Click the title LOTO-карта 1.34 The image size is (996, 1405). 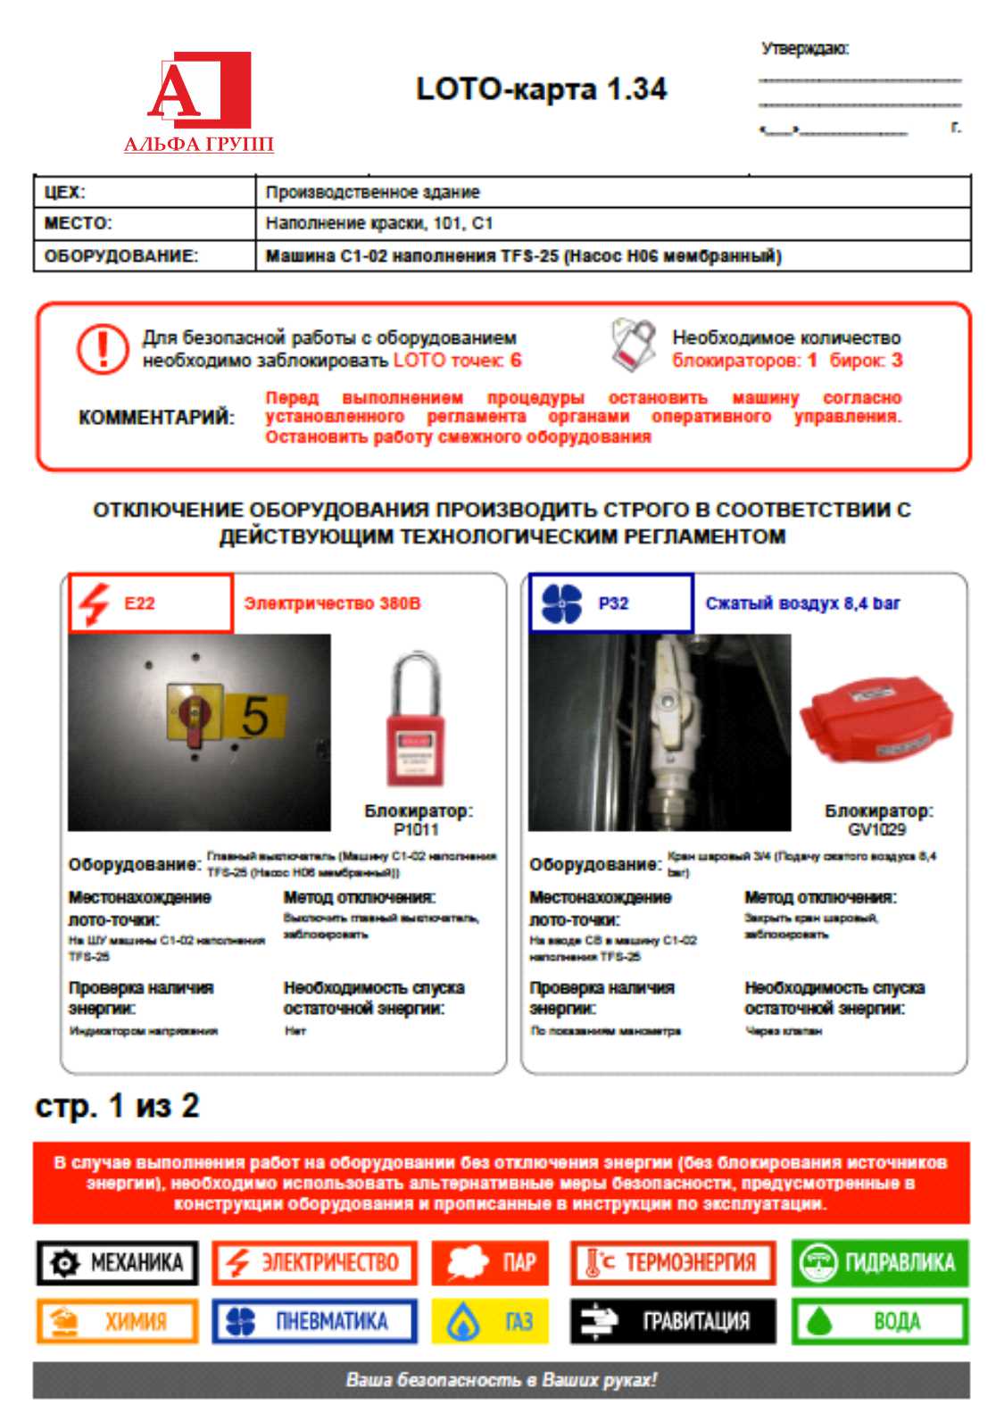pyautogui.click(x=541, y=89)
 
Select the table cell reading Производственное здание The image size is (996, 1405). pyautogui.click(x=372, y=192)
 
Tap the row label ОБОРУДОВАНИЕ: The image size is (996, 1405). pyautogui.click(x=121, y=256)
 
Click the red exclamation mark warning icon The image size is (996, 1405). pyautogui.click(x=103, y=348)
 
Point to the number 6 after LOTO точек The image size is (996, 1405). pyautogui.click(x=516, y=360)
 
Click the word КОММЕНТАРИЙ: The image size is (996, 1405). pyautogui.click(x=157, y=417)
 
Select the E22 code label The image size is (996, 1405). pyautogui.click(x=140, y=603)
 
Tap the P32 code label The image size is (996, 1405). pyautogui.click(x=613, y=603)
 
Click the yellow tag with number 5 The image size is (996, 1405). pyautogui.click(x=254, y=716)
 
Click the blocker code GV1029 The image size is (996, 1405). pyautogui.click(x=877, y=829)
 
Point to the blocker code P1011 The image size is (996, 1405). pyautogui.click(x=416, y=829)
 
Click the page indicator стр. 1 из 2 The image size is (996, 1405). pyautogui.click(x=117, y=1106)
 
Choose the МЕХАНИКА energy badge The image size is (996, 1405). pyautogui.click(x=117, y=1263)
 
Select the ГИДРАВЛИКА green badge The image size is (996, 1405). pyautogui.click(x=879, y=1263)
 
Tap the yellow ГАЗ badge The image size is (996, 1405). pyautogui.click(x=489, y=1321)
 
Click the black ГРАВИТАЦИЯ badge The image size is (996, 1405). pyautogui.click(x=673, y=1321)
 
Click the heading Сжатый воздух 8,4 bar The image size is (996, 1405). pyautogui.click(x=802, y=603)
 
